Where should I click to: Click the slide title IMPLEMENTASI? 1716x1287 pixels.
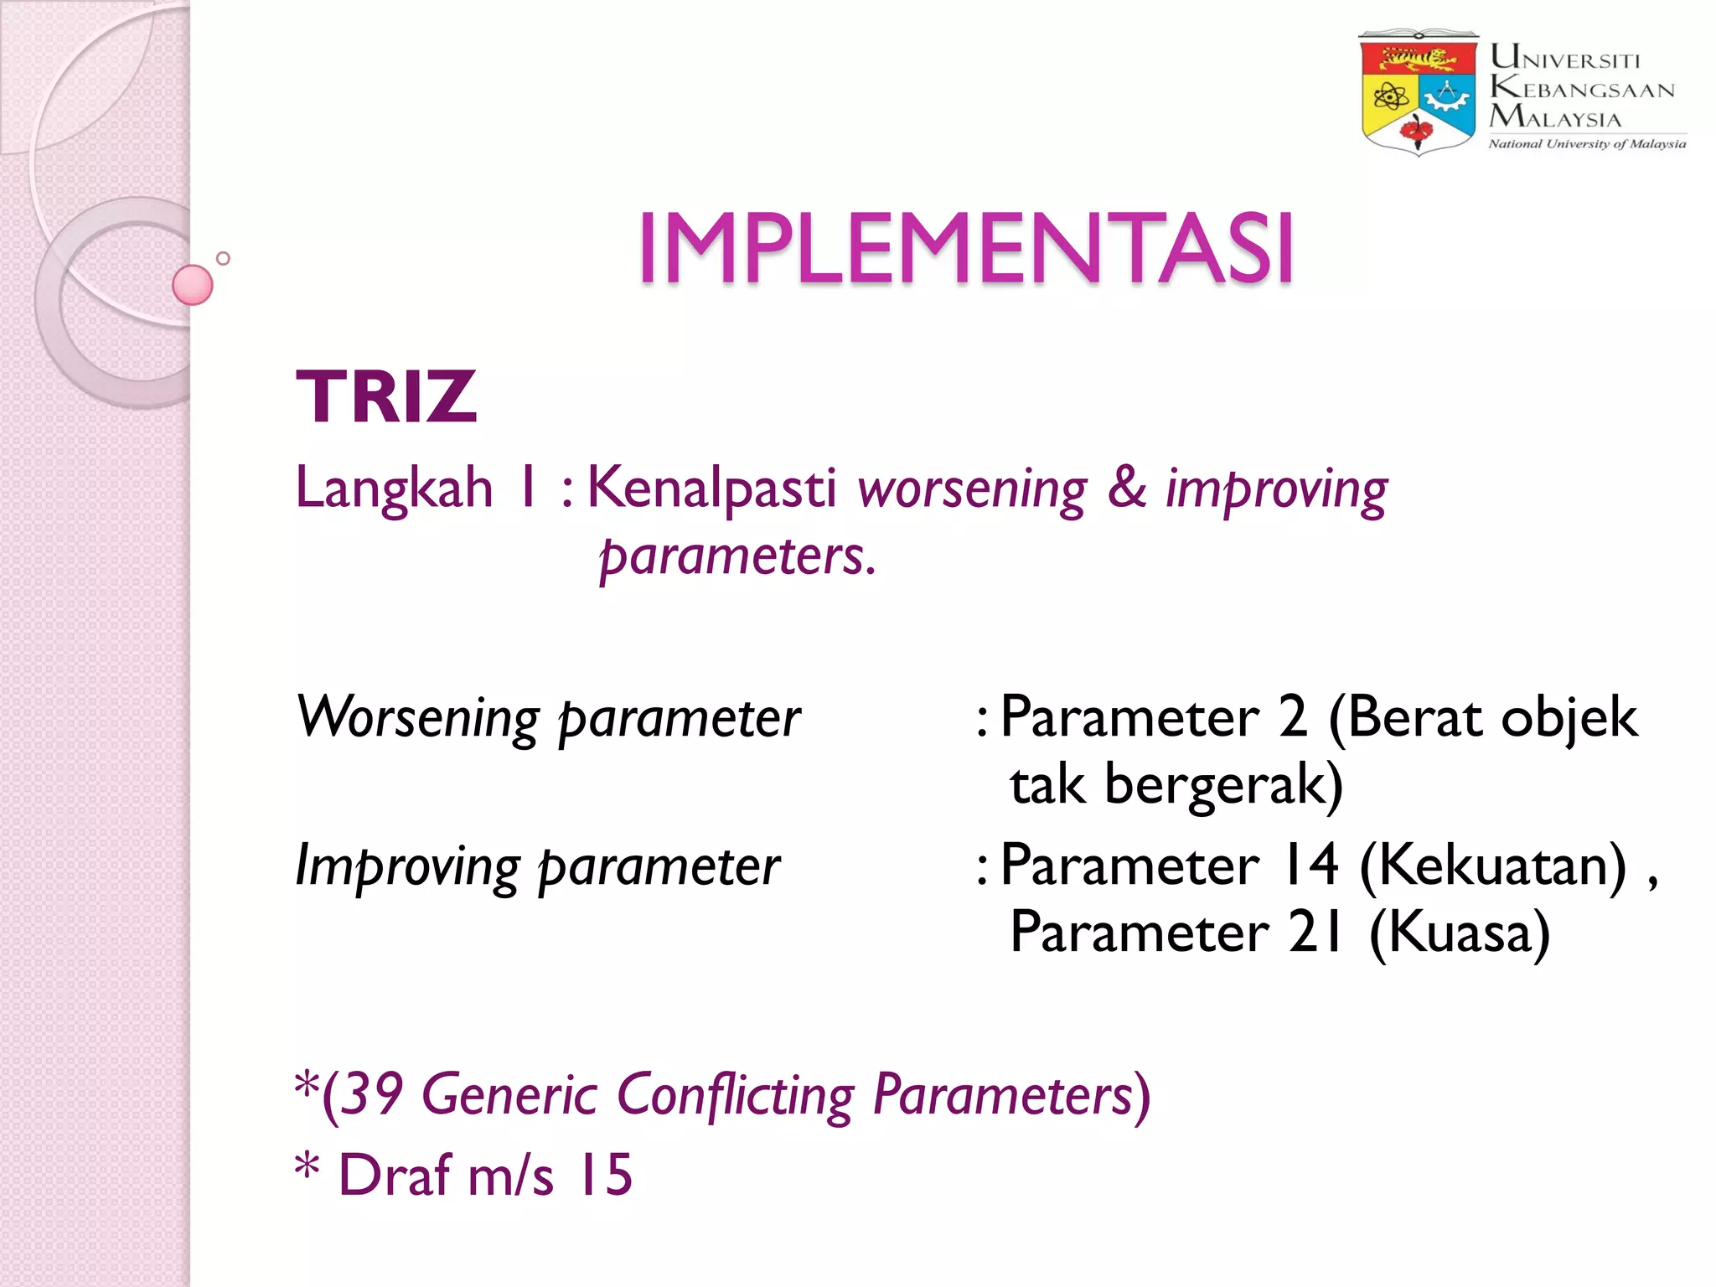coord(965,249)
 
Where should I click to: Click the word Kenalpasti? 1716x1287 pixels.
coord(711,488)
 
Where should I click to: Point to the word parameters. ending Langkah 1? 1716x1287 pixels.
coord(737,556)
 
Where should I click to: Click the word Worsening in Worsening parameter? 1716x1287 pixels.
coord(418,718)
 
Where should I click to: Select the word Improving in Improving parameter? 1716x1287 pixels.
coord(407,866)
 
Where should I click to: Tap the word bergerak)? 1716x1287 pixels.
coord(1223,785)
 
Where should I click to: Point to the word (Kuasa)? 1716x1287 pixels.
coord(1460,933)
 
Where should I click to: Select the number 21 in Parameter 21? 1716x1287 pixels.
coord(1315,932)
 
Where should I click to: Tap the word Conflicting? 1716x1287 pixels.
coord(735,1094)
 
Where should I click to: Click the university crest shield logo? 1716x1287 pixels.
coord(1418,93)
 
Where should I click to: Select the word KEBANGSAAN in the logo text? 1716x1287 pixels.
coord(1582,88)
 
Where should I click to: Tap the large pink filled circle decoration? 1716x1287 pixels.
coord(193,285)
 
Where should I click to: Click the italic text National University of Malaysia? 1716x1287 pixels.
coord(1587,144)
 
